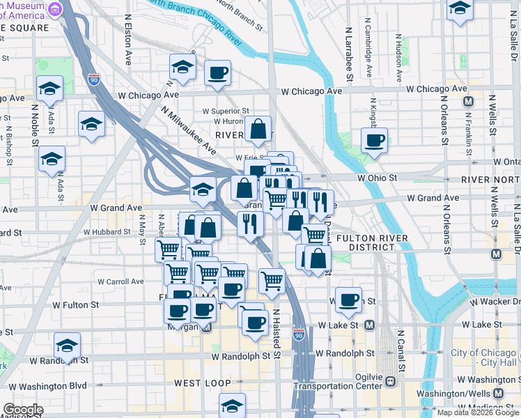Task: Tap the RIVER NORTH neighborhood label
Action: coord(491,180)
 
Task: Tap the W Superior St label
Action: coord(226,111)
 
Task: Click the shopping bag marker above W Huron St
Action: coord(258,129)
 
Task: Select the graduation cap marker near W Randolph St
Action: coord(67,346)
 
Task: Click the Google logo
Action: coord(23,410)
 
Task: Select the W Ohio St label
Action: coord(377,178)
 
